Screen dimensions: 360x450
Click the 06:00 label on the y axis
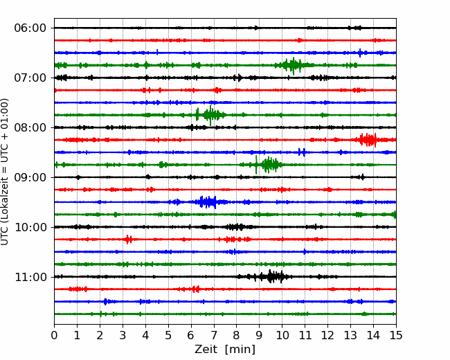[x=30, y=28]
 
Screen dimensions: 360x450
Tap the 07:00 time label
[x=30, y=78]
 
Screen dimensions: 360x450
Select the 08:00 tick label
[x=30, y=127]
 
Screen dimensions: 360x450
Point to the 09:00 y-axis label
[x=30, y=177]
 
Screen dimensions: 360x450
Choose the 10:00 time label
[x=30, y=227]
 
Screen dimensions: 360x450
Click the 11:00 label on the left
[x=30, y=277]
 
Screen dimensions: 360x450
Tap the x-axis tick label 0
[x=55, y=336]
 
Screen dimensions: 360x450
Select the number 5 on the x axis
[x=168, y=336]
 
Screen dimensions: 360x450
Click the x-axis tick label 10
[x=282, y=336]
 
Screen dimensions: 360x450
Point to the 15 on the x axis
[x=396, y=336]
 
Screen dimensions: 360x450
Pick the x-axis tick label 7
[x=214, y=336]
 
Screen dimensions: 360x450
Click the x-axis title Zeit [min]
[x=225, y=350]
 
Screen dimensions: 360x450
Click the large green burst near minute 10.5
[x=293, y=65]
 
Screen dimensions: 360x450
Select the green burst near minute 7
[x=210, y=115]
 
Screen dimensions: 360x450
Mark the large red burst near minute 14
[x=368, y=140]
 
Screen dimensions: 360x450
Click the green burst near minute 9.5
[x=269, y=165]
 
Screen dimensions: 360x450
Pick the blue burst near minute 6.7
[x=207, y=202]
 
